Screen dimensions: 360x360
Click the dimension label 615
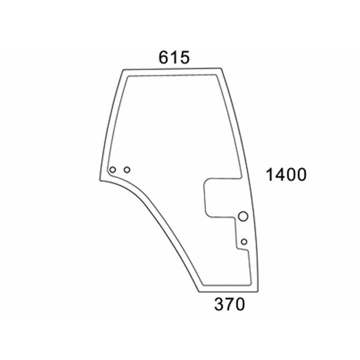(174, 57)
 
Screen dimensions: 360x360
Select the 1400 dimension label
(286, 175)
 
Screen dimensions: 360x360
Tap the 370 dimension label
(229, 304)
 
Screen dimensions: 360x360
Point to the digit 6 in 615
(164, 57)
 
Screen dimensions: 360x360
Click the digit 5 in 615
(185, 57)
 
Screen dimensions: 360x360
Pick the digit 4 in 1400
(280, 175)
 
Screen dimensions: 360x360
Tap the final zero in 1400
(301, 175)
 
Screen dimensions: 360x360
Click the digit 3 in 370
(219, 304)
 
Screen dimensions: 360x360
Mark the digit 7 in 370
(229, 304)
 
